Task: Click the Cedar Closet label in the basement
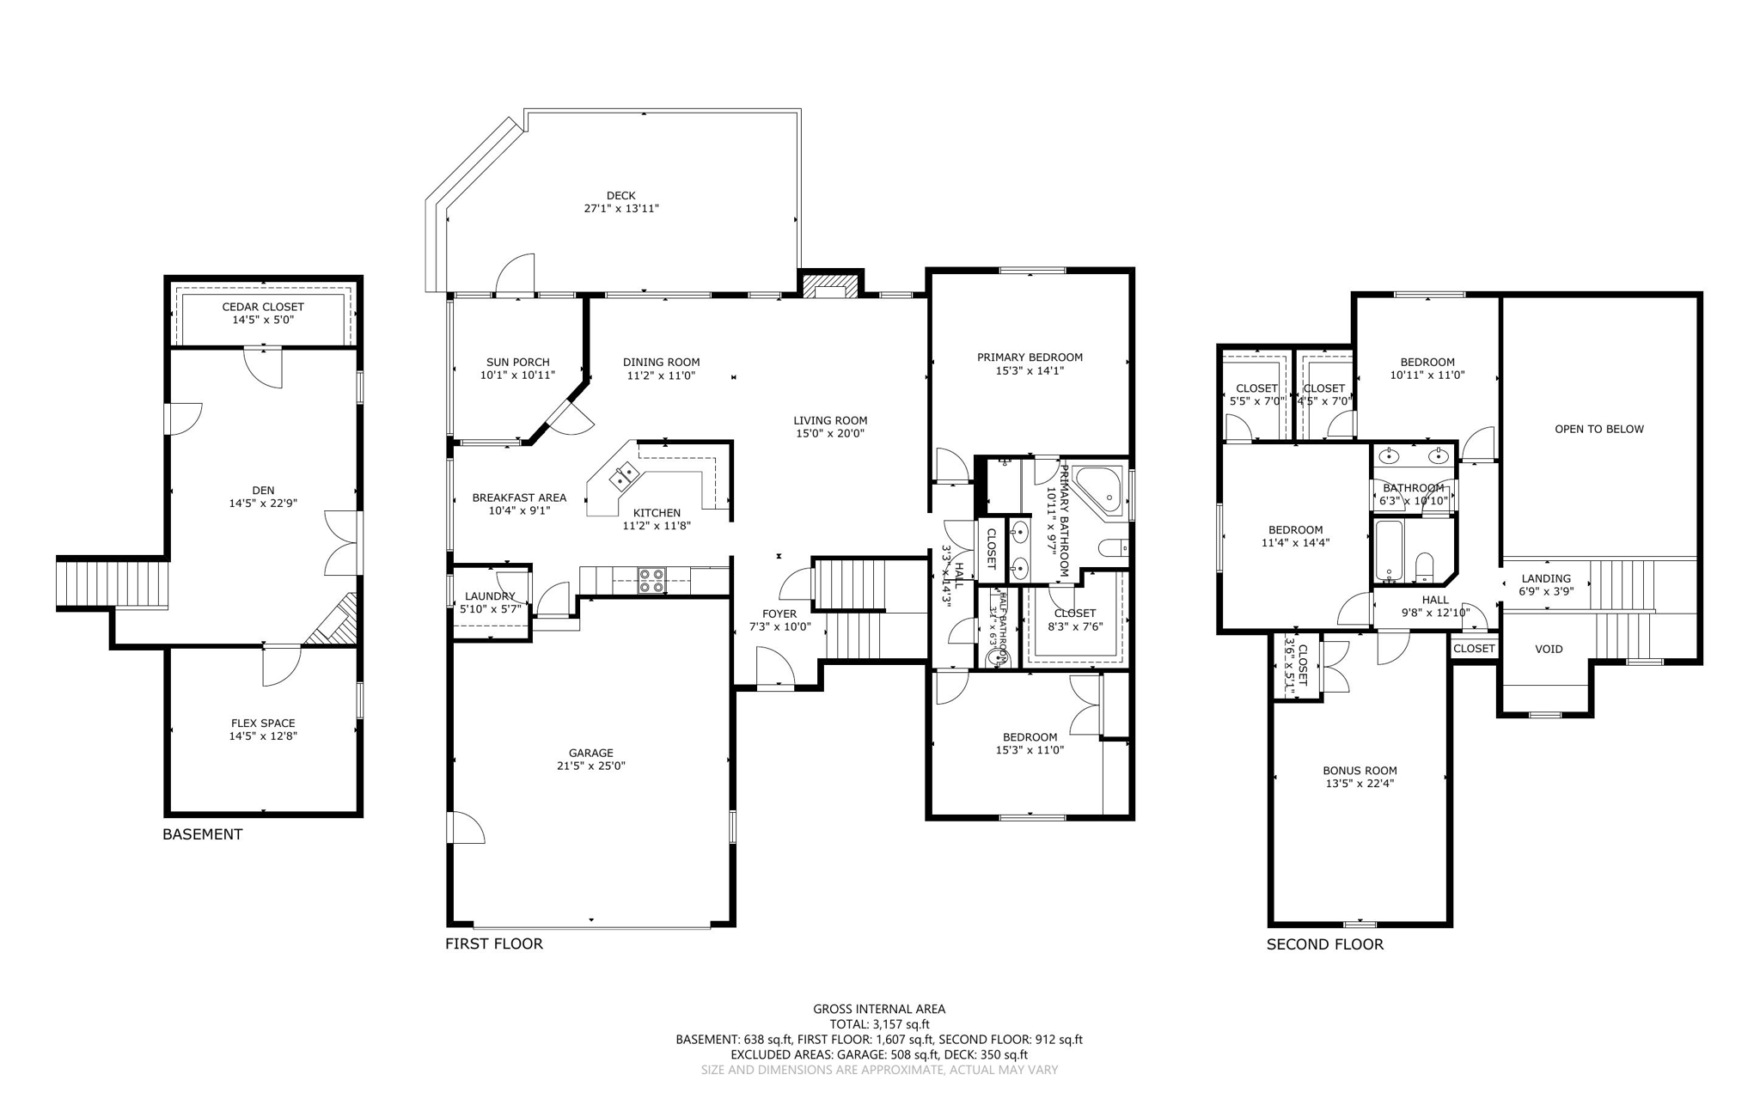263,307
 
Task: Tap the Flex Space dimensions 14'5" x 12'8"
263,736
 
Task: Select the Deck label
620,196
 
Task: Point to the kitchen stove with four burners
651,581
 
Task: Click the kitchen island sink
624,473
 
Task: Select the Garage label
590,753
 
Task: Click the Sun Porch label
517,363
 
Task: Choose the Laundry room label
490,596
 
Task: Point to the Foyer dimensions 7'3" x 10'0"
779,626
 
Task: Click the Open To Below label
1598,429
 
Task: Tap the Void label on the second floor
1549,649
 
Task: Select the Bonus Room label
1360,771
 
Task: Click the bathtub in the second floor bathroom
1388,550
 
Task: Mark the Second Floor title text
1324,944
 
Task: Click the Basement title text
203,834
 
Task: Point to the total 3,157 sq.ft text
879,1024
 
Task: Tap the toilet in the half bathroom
998,657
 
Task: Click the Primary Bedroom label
1030,357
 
